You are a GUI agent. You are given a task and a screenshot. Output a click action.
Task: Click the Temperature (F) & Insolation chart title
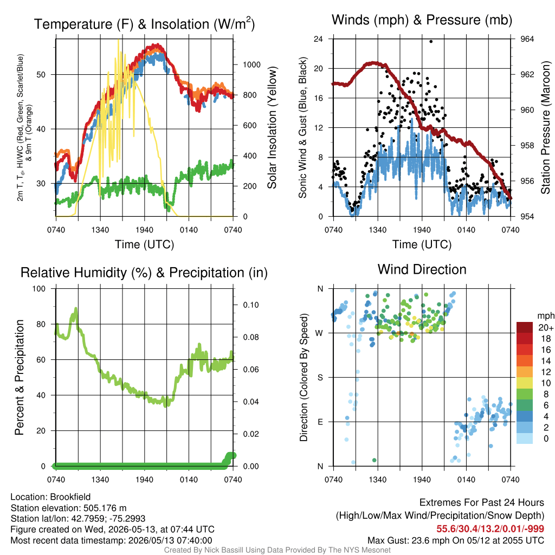144,24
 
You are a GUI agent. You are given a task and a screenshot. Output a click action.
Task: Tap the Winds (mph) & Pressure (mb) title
422,20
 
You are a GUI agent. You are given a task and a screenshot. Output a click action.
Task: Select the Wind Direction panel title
422,269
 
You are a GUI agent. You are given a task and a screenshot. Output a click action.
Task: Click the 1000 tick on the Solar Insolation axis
251,65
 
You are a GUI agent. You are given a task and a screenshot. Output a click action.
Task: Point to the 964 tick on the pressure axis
527,39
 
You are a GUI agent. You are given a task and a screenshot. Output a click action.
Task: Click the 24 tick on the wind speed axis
318,39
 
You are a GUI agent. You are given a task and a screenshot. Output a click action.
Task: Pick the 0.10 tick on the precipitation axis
251,305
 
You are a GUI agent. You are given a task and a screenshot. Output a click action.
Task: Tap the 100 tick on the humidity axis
39,289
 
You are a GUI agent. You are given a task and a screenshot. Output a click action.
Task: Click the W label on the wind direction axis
319,333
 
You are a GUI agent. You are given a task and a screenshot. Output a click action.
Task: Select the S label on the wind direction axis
320,378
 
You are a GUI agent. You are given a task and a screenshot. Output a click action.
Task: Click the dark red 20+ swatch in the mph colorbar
525,327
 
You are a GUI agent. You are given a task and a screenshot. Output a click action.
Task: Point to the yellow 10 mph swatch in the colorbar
525,383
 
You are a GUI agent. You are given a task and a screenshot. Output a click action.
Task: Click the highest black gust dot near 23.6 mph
431,41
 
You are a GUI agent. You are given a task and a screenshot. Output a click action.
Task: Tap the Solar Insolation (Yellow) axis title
272,127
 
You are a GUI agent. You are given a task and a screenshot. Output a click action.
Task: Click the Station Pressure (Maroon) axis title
545,127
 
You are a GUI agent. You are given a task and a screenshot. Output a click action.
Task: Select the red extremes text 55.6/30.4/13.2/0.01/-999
490,529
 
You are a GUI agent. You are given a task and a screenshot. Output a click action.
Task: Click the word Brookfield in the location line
70,497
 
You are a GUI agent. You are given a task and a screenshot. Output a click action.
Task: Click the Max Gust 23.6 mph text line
456,540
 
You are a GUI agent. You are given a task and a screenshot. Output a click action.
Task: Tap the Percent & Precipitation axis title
20,377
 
